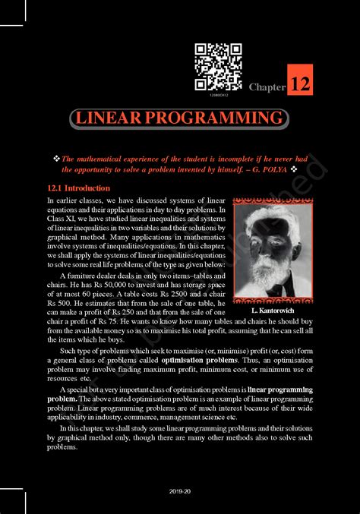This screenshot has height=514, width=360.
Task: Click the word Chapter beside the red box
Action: tap(267, 87)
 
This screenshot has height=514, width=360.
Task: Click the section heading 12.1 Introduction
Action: tap(78, 188)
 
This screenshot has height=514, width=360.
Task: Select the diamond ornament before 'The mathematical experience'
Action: tap(56, 158)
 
